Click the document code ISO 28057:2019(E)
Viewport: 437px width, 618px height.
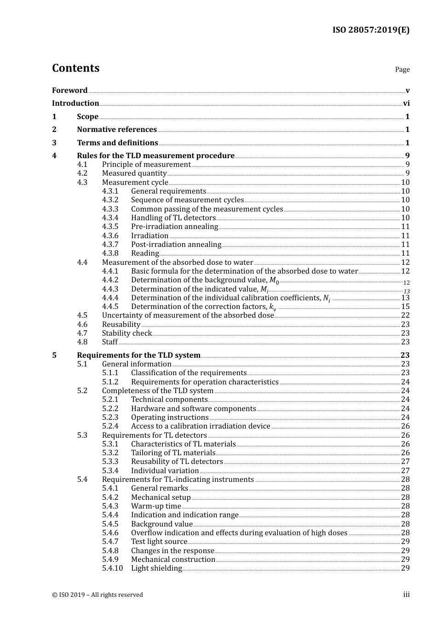(x=371, y=30)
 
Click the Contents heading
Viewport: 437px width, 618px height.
(x=75, y=68)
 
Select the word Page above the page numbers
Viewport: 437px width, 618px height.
(x=402, y=69)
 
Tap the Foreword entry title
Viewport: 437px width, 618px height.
(x=69, y=90)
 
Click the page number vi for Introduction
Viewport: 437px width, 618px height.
(x=406, y=103)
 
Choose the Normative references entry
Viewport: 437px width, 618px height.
(x=117, y=130)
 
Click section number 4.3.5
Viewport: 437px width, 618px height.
(x=110, y=227)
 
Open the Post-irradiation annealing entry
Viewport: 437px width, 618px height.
(x=176, y=245)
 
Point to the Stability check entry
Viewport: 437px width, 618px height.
(x=126, y=333)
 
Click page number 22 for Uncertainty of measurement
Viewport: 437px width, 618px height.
(x=405, y=315)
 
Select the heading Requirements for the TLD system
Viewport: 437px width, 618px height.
(x=138, y=355)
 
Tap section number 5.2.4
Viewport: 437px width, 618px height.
(x=110, y=426)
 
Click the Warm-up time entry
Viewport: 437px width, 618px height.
(x=156, y=506)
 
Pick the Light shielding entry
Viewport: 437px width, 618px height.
(x=156, y=568)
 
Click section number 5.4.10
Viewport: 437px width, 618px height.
(x=112, y=568)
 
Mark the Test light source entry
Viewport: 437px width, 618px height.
(x=159, y=542)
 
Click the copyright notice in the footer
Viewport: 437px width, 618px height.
(x=98, y=595)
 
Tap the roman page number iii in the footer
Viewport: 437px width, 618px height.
(x=406, y=595)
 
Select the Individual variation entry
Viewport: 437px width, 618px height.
(x=165, y=471)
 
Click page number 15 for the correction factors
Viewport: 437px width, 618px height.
(x=405, y=307)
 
